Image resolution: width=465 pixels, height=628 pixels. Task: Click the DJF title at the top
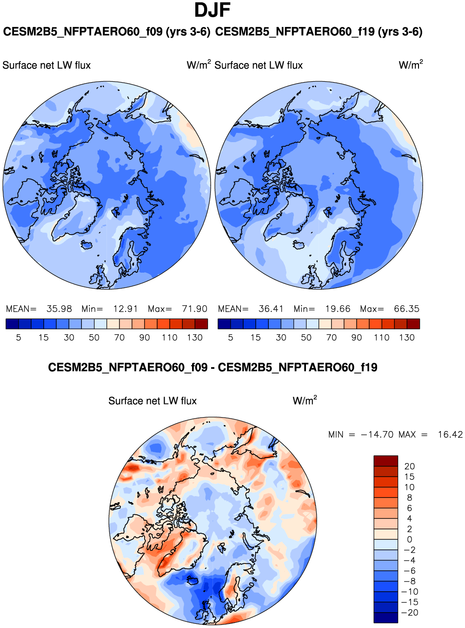[x=213, y=10]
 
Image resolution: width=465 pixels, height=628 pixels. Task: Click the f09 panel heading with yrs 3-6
[x=106, y=32]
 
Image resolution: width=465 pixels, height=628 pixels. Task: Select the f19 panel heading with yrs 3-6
[x=319, y=32]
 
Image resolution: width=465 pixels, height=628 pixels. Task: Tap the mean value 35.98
[x=59, y=309]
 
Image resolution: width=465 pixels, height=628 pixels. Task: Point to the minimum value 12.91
[x=126, y=309]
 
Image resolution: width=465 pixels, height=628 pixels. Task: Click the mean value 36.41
[x=271, y=309]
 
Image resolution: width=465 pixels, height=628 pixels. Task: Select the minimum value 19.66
[x=338, y=309]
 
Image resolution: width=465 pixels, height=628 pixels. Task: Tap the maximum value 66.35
[x=406, y=309]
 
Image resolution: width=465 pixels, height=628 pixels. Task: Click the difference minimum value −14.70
[x=376, y=435]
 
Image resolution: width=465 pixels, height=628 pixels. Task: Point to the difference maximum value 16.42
[x=450, y=435]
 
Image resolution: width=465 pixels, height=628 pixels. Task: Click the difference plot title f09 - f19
[x=213, y=368]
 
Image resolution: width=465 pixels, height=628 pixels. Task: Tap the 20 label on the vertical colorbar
[x=410, y=466]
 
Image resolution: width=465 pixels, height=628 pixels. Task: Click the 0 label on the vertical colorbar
[x=410, y=540]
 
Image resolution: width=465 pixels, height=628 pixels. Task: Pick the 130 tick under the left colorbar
[x=195, y=338]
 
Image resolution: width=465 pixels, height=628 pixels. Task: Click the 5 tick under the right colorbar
[x=231, y=338]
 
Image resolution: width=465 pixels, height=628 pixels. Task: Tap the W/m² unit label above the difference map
[x=305, y=400]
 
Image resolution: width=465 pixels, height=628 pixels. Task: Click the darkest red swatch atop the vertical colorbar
[x=385, y=461]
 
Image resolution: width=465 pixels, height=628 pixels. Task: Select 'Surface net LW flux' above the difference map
[x=153, y=401]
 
